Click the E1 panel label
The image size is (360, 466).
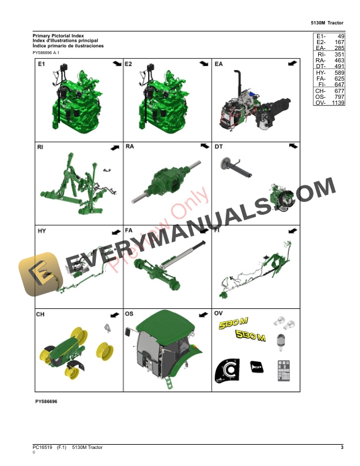[41, 63]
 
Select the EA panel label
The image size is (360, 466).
[219, 63]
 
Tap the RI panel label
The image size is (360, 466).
[41, 147]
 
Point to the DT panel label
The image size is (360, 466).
[219, 147]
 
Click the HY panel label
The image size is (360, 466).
[41, 231]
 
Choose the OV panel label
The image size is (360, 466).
[219, 314]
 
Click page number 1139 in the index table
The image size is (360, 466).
[338, 103]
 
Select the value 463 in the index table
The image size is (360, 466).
[339, 60]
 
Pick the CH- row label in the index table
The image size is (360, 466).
[321, 91]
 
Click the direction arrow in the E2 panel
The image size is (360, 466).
[204, 63]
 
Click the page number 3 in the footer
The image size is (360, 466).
[342, 448]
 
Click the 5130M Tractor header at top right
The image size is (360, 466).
[327, 23]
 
